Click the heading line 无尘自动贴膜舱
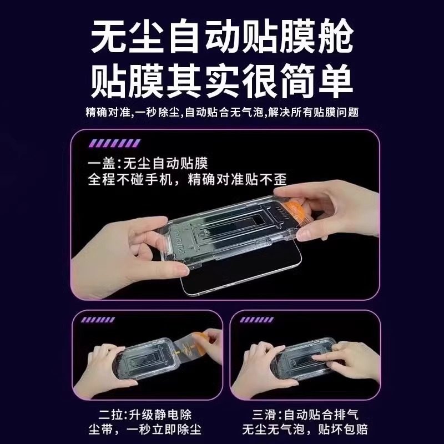[x=222, y=38]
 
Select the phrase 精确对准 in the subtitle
[x=108, y=113]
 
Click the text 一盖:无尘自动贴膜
[x=151, y=164]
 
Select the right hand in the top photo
[x=339, y=216]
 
